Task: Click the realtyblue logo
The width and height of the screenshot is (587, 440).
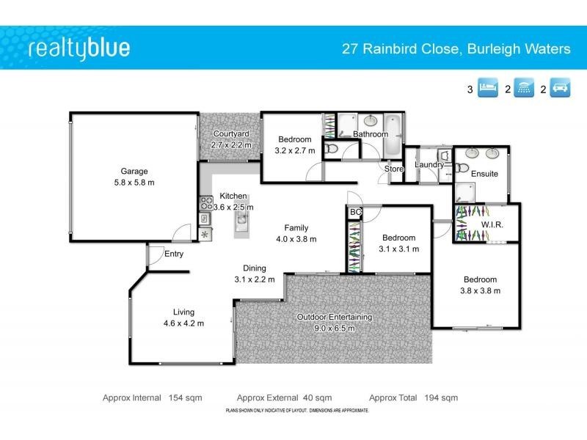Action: [x=79, y=49]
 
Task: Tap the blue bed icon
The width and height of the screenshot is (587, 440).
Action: [x=488, y=89]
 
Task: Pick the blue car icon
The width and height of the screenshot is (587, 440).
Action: [x=560, y=89]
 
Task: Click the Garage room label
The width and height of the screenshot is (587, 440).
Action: [x=134, y=171]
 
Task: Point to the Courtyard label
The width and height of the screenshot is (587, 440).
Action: [x=231, y=134]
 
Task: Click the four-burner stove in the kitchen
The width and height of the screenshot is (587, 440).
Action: [x=205, y=203]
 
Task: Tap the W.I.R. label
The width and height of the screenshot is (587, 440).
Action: [x=492, y=224]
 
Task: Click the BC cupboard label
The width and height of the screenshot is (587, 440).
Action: [x=356, y=213]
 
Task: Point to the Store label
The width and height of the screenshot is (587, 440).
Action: [x=394, y=169]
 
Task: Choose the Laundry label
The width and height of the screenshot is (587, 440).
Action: [x=429, y=164]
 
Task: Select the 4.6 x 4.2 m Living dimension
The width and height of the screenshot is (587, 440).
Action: [x=183, y=323]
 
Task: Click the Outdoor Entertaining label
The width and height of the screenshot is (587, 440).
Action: [x=334, y=317]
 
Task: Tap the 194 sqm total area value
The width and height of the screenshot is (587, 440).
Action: [x=441, y=397]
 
